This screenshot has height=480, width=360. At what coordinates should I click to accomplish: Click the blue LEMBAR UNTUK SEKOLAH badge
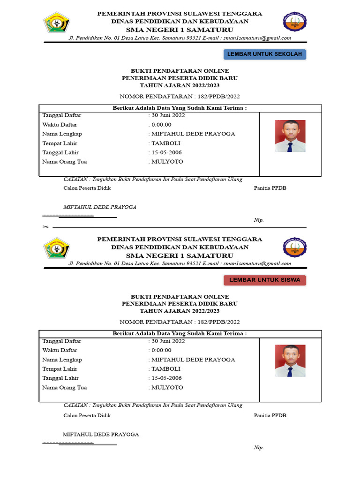click(265, 54)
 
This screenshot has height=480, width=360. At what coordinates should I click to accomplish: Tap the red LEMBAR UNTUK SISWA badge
click(265, 280)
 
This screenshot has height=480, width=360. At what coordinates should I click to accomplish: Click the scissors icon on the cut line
click(45, 227)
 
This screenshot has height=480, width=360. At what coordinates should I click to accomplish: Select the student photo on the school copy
click(290, 136)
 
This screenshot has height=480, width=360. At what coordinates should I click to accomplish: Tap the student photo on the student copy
click(290, 361)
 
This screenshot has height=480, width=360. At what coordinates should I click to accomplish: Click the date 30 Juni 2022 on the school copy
click(168, 115)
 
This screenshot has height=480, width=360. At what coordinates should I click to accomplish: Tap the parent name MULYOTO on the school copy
click(167, 162)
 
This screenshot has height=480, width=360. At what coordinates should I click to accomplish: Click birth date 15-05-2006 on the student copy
click(166, 378)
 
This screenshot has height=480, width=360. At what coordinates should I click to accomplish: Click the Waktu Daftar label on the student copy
click(60, 350)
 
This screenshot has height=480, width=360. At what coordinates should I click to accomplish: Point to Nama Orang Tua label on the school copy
click(64, 162)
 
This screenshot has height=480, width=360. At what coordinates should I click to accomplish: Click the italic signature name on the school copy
click(100, 207)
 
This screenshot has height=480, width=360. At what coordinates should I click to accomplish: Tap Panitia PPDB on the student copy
click(270, 415)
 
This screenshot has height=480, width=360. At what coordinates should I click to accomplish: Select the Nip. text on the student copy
click(259, 448)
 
